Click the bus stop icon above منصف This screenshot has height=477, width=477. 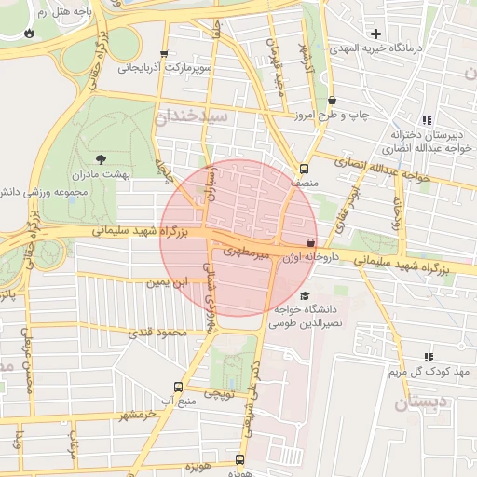point(305,169)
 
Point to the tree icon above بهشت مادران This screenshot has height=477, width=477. point(101,159)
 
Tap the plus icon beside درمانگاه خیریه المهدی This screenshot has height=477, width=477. point(375,34)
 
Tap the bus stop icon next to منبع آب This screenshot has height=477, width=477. point(178,387)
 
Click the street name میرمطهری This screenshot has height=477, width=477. point(249,252)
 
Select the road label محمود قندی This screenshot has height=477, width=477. point(157,332)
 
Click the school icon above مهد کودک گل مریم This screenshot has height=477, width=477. point(429,357)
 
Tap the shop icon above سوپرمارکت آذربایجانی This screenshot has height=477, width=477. point(165,53)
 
